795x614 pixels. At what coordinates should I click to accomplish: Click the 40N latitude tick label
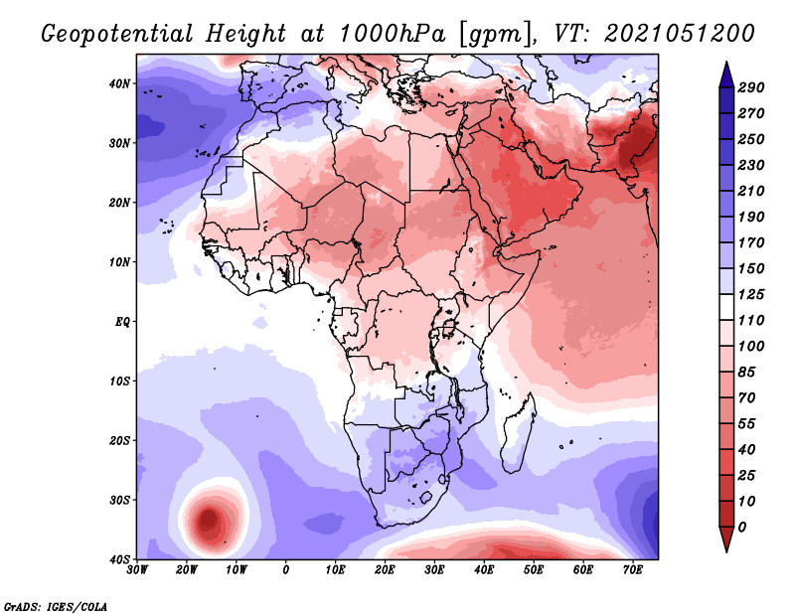(x=119, y=83)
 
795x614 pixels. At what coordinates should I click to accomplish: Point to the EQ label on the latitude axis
(x=122, y=322)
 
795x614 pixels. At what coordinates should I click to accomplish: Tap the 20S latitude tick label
(x=119, y=440)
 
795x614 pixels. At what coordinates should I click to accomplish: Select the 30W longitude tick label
(x=137, y=569)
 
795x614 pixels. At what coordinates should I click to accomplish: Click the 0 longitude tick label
(x=286, y=569)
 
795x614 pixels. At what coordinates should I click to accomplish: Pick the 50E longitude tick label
(x=534, y=569)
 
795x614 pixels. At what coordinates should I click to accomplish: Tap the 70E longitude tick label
(x=633, y=569)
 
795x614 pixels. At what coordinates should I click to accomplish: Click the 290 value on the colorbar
(x=751, y=87)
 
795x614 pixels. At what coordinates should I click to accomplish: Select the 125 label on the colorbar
(x=751, y=294)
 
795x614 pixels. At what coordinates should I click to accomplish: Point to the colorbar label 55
(x=747, y=424)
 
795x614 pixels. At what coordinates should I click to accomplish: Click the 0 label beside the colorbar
(x=742, y=528)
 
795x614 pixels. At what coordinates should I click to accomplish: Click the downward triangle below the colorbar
(x=726, y=539)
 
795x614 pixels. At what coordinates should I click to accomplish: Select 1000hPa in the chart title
(x=393, y=34)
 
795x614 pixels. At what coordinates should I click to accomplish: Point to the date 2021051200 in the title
(x=680, y=34)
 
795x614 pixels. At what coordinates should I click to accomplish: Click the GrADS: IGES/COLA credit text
(x=56, y=606)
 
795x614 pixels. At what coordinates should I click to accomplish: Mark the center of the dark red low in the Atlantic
(x=209, y=520)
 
